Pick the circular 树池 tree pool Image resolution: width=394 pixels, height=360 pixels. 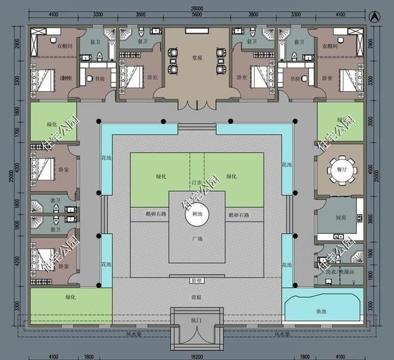pyautogui.click(x=197, y=214)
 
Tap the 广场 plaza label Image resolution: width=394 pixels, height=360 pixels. pyautogui.click(x=197, y=238)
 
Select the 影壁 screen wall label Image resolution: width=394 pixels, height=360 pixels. pyautogui.click(x=197, y=281)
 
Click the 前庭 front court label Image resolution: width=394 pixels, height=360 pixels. pyautogui.click(x=197, y=295)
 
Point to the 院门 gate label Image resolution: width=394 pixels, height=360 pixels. pyautogui.click(x=197, y=320)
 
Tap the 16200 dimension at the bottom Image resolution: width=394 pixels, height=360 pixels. pyautogui.click(x=197, y=356)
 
